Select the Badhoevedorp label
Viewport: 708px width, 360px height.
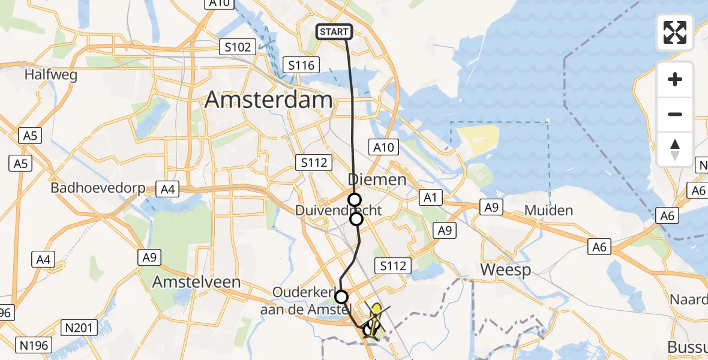coord(98,188)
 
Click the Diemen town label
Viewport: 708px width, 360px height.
coord(377,179)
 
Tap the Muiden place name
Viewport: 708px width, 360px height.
coord(548,211)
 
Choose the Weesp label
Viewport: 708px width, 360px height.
coord(506,270)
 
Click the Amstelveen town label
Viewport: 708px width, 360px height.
coord(196,282)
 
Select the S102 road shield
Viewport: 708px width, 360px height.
coord(238,47)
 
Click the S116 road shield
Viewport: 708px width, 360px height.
coord(301,65)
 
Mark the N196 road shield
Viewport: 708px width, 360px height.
coord(35,345)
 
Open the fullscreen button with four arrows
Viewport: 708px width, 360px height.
coord(675,32)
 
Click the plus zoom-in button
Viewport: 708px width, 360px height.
coord(675,79)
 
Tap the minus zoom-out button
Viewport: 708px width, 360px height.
coord(675,114)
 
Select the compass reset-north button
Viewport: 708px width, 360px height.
coord(675,149)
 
